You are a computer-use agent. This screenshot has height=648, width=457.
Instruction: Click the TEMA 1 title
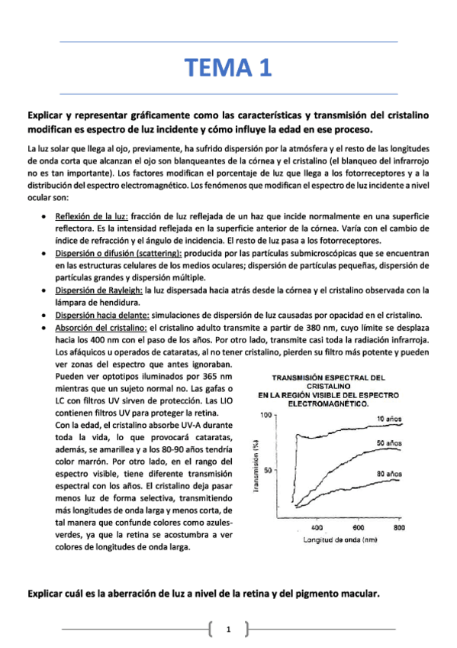[x=228, y=68]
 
